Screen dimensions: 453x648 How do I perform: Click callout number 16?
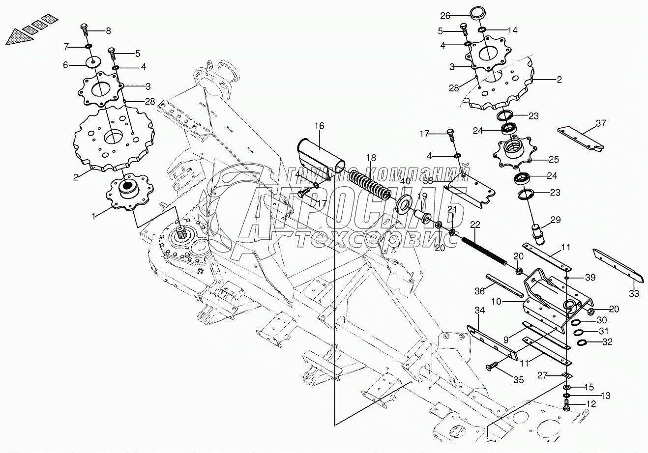point(320,126)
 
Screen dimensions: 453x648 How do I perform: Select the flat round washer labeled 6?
point(92,64)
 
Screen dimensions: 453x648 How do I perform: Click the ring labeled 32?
point(581,342)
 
